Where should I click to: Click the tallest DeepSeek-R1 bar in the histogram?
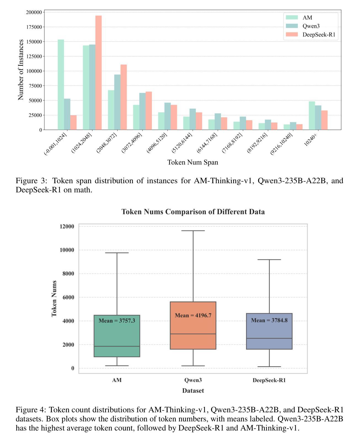coord(98,73)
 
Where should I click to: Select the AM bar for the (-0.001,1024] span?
coord(61,85)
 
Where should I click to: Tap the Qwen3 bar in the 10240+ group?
coord(318,118)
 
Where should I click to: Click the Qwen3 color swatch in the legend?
coord(292,26)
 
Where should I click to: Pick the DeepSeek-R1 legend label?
coord(319,34)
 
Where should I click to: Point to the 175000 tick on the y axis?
coord(34,27)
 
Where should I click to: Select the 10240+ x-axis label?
coord(310,140)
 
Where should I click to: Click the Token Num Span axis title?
coord(193,162)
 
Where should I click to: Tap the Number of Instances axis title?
coord(21,70)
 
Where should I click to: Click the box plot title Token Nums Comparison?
coord(193,212)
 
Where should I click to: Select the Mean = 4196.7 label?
coord(193,315)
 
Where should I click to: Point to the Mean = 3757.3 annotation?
coord(117,321)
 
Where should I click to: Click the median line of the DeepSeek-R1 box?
coord(269,338)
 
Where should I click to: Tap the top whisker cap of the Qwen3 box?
coord(193,231)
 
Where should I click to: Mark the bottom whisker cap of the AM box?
coord(117,366)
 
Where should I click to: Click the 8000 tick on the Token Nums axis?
coord(68,273)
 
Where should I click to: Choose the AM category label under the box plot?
coord(117,380)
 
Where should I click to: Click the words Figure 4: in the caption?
coord(31,410)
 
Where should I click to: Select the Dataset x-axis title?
coord(193,390)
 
